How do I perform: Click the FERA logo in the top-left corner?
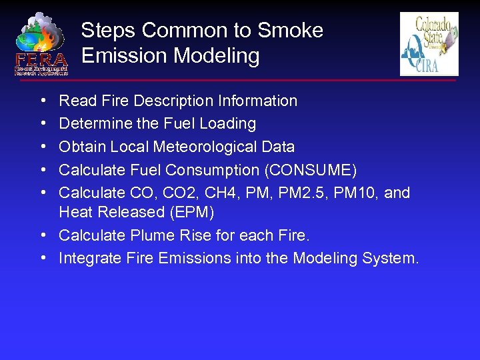click(x=41, y=43)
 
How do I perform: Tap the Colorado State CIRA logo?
click(x=429, y=44)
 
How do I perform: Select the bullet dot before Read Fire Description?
click(x=43, y=101)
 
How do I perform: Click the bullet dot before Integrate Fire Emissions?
click(x=43, y=258)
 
